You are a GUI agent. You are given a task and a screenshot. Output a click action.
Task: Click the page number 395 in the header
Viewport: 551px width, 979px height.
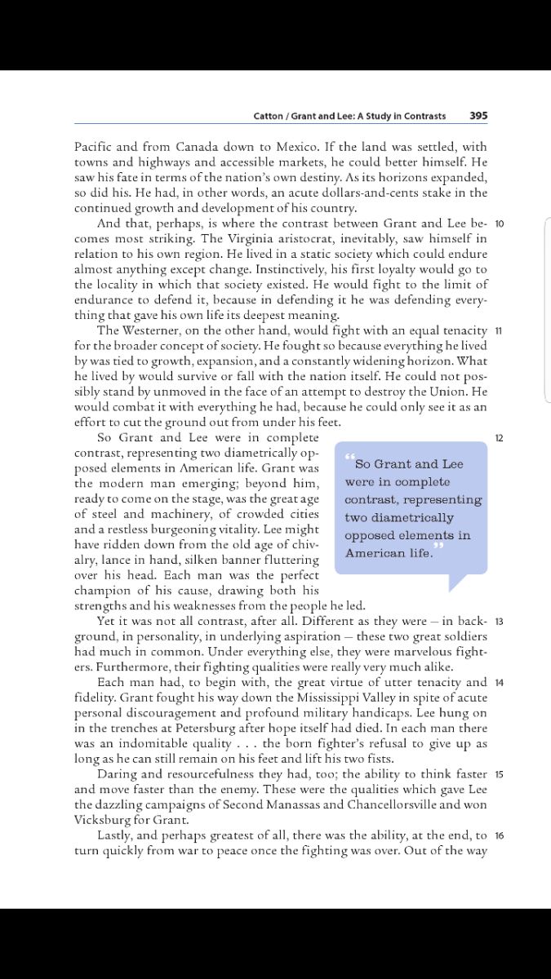click(x=478, y=116)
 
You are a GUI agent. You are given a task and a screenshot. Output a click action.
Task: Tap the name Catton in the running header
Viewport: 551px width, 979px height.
click(x=269, y=116)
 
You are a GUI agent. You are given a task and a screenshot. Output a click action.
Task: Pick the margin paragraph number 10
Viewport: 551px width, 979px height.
click(x=500, y=224)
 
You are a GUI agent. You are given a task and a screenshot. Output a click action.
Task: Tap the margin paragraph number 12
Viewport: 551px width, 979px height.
click(x=500, y=438)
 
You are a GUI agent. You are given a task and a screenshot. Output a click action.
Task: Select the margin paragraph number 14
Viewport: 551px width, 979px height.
click(x=500, y=682)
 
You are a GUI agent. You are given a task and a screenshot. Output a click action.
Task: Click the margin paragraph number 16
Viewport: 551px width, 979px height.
click(x=500, y=835)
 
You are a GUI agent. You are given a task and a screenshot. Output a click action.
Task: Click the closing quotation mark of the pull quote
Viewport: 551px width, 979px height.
click(x=439, y=545)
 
